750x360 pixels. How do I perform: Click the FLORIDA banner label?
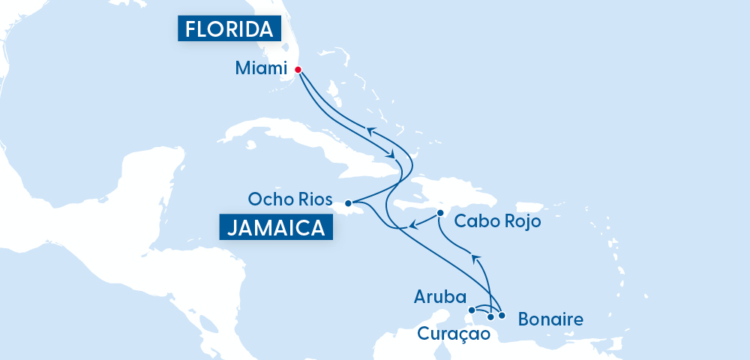(229, 29)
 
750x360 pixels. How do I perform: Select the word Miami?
(261, 69)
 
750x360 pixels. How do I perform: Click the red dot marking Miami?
(298, 70)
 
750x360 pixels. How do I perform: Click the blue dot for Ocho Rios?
(348, 202)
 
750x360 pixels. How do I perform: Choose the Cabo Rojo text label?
(497, 222)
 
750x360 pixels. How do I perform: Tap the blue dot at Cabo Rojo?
(440, 213)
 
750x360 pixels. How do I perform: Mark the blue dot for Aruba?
(472, 309)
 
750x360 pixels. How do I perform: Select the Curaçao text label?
(447, 332)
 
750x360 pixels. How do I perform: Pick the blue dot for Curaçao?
(490, 317)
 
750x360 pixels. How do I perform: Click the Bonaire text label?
(550, 320)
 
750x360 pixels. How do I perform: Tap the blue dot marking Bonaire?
(502, 315)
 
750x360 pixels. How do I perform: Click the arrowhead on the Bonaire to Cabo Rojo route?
(474, 258)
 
